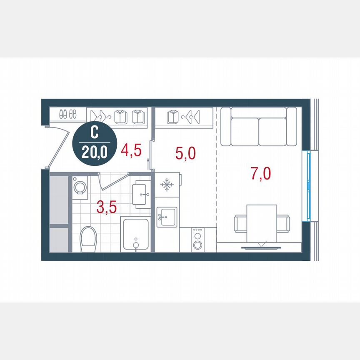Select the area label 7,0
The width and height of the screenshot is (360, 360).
click(x=261, y=173)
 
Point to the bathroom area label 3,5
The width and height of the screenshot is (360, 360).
click(x=107, y=206)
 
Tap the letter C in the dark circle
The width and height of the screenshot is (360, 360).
click(x=94, y=133)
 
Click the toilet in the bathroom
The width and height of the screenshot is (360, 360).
click(x=88, y=238)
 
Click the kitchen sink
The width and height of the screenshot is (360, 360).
click(x=167, y=217)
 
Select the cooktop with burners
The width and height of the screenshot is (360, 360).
click(x=198, y=240)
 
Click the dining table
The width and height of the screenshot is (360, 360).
click(x=262, y=223)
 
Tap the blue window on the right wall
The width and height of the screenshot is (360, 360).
click(x=309, y=186)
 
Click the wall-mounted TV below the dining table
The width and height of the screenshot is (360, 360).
click(x=261, y=247)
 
